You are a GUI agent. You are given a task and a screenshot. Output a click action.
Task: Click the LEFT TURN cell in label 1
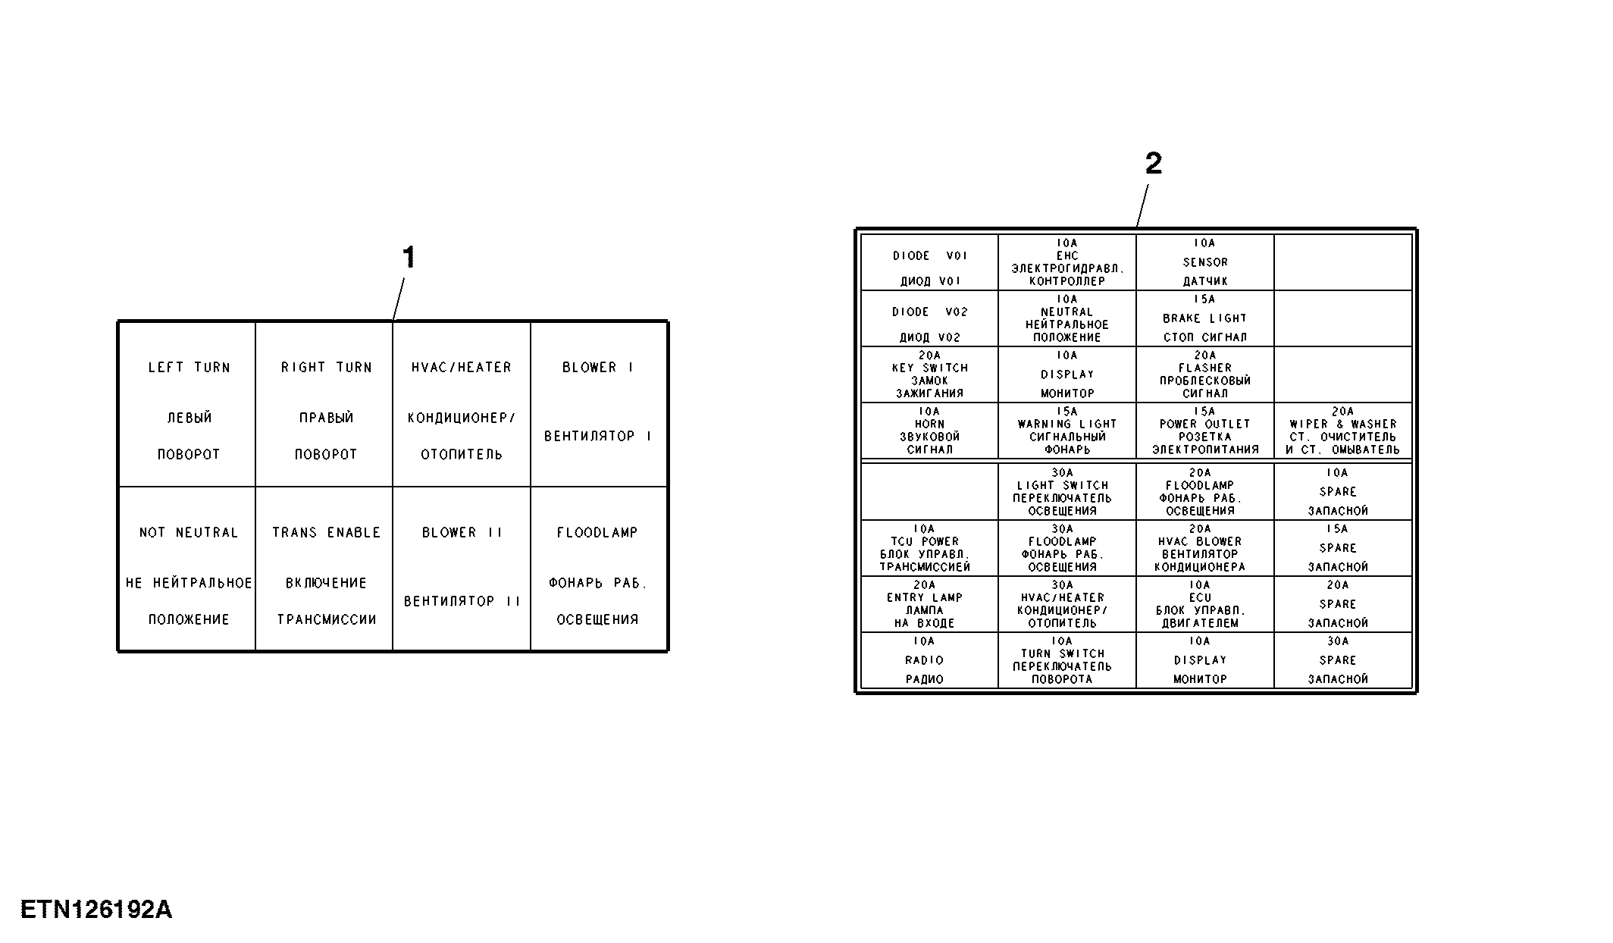pyautogui.click(x=187, y=404)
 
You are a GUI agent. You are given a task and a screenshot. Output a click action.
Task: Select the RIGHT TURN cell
pyautogui.click(x=324, y=404)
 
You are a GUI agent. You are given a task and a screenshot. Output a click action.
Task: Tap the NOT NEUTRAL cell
pyautogui.click(x=187, y=569)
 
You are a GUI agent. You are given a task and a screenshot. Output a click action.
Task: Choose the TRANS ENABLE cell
pyautogui.click(x=324, y=569)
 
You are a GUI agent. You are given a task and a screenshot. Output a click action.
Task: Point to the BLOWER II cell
pyautogui.click(x=462, y=569)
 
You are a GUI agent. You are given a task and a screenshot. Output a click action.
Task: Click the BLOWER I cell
pyautogui.click(x=599, y=404)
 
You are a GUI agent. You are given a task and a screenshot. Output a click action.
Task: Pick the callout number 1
pyautogui.click(x=409, y=258)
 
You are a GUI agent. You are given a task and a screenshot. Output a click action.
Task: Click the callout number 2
pyautogui.click(x=1153, y=163)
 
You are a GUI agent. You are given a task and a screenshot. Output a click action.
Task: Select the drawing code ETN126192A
pyautogui.click(x=96, y=909)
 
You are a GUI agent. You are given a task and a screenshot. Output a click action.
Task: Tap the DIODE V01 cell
pyautogui.click(x=929, y=262)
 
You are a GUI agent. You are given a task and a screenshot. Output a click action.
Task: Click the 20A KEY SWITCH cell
pyautogui.click(x=929, y=374)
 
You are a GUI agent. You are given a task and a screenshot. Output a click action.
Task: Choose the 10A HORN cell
pyautogui.click(x=929, y=431)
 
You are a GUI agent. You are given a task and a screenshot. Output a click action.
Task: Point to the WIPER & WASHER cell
pyautogui.click(x=1343, y=431)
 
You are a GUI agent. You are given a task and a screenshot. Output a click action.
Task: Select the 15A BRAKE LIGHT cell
pyautogui.click(x=1205, y=318)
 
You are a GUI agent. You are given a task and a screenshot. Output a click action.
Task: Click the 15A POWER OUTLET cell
pyautogui.click(x=1205, y=431)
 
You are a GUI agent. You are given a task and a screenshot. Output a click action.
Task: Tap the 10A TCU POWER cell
pyautogui.click(x=929, y=548)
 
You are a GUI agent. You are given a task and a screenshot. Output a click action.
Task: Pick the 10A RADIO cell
pyautogui.click(x=929, y=660)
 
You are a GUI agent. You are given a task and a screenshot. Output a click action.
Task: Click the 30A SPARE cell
pyautogui.click(x=1343, y=660)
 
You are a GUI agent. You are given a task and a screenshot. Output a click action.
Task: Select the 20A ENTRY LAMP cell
pyautogui.click(x=929, y=604)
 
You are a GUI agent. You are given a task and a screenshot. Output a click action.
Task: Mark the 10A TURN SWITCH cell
pyautogui.click(x=1067, y=660)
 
